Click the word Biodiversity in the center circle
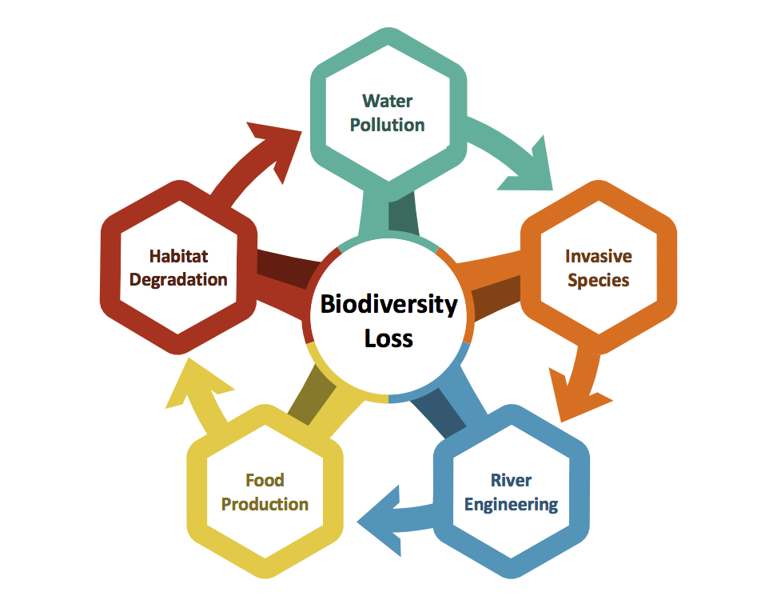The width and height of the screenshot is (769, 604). [x=388, y=305]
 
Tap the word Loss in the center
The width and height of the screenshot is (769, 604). [x=388, y=338]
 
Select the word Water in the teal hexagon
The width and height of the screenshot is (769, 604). [x=388, y=101]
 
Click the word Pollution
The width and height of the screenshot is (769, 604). [x=388, y=125]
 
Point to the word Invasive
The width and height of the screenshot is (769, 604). [x=599, y=256]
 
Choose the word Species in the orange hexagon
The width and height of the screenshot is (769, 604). [x=599, y=280]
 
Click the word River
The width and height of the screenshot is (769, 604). [x=511, y=480]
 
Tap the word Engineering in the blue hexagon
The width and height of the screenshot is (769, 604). [x=511, y=504]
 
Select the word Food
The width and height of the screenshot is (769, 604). [x=265, y=480]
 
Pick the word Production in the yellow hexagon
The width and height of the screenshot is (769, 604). [x=265, y=504]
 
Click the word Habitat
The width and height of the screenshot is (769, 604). [x=178, y=256]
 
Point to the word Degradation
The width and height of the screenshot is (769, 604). [x=178, y=280]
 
